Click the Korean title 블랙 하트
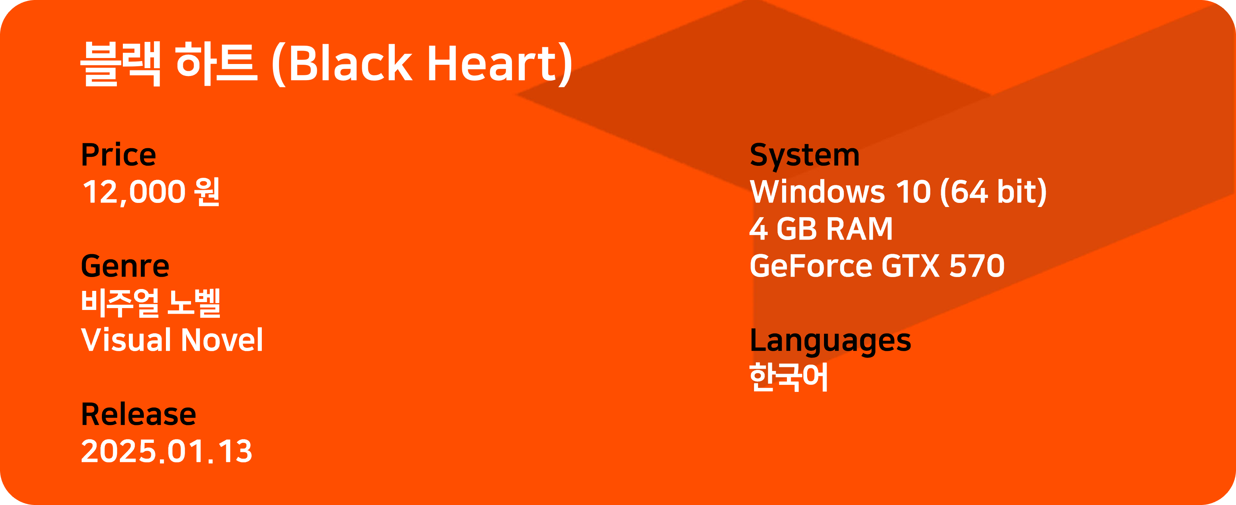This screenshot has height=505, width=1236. coord(169,63)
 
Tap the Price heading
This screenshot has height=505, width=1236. coord(118,155)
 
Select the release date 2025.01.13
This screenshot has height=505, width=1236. coord(167,451)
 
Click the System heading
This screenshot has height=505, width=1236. coord(805,155)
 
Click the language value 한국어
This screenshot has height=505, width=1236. coord(789,377)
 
